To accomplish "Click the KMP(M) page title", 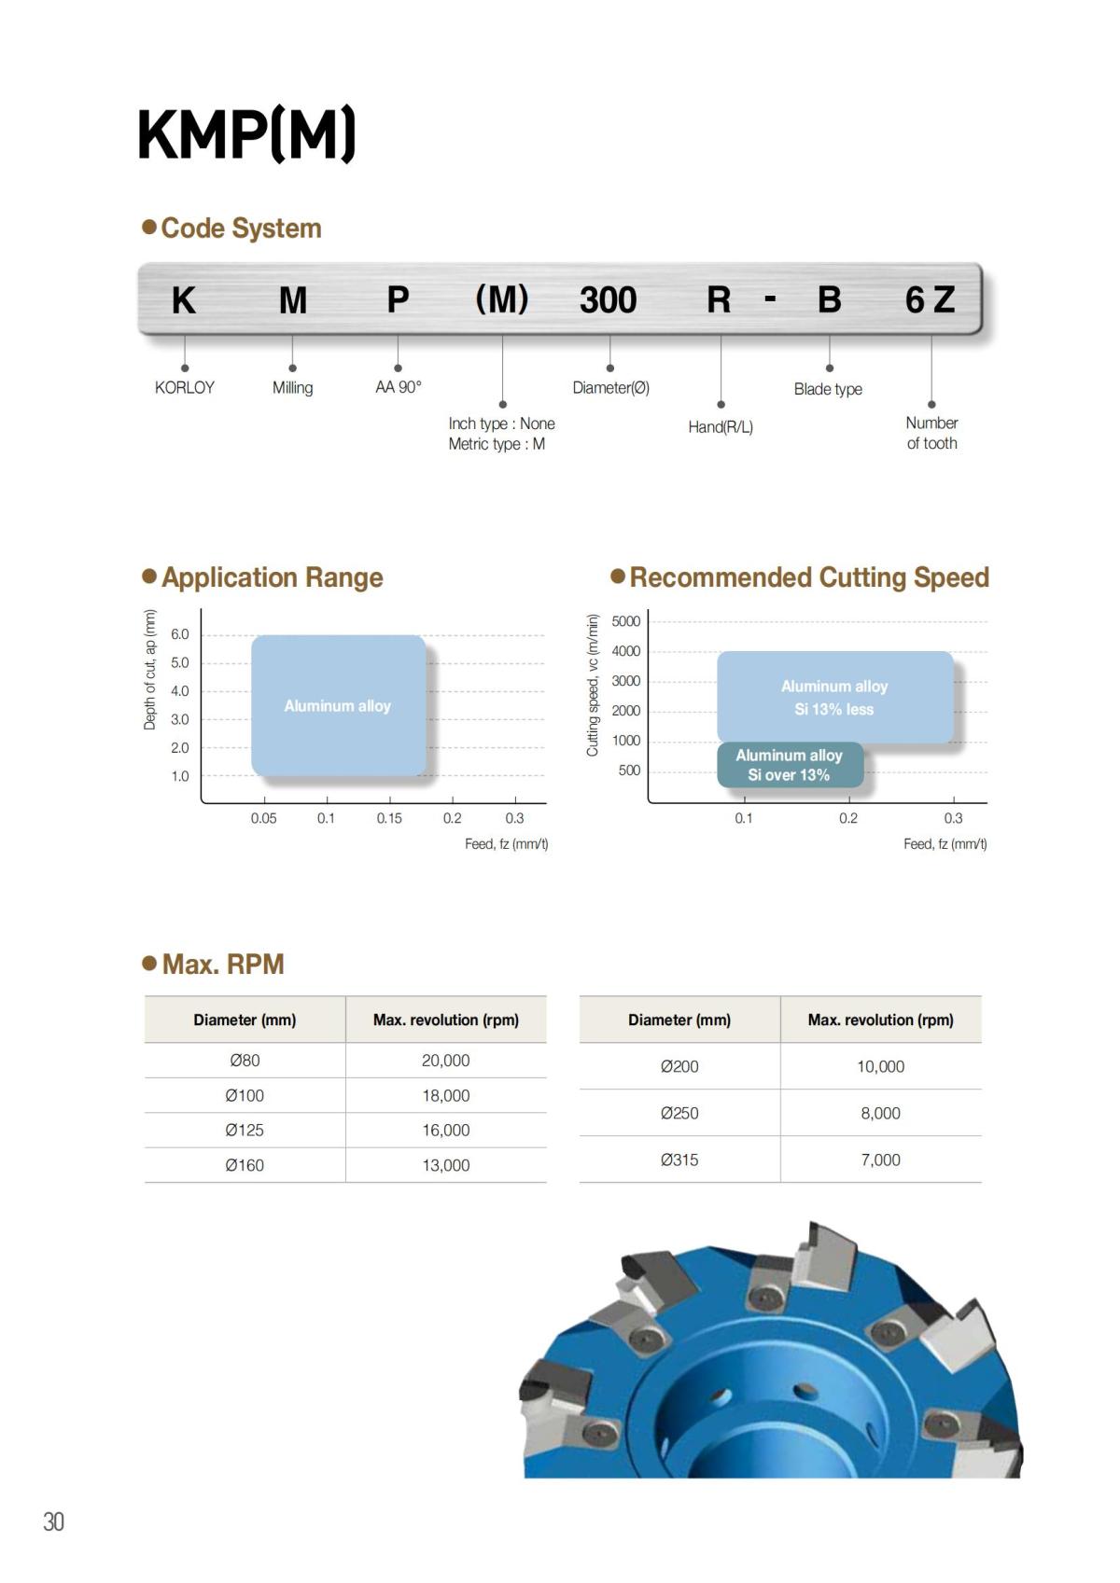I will tap(246, 135).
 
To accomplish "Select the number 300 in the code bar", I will tap(608, 300).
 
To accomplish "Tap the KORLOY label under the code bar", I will tap(185, 387).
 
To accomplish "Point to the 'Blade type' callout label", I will tap(828, 389).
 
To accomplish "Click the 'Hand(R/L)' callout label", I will tap(721, 427).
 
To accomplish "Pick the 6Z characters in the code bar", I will tap(930, 300).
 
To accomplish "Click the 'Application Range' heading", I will tap(272, 577).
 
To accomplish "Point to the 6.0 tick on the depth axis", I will tap(180, 634).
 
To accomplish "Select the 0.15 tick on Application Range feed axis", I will tap(389, 818).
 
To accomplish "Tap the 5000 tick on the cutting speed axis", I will tap(626, 621).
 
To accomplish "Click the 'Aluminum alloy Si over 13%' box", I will tap(790, 765).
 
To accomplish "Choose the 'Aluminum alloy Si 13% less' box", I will tap(834, 698).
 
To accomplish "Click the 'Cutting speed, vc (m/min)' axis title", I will tap(592, 685).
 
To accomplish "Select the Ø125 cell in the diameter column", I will tap(245, 1131).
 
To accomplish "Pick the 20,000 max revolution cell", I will tap(445, 1061).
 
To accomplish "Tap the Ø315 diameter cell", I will tap(679, 1160).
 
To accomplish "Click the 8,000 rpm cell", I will tap(880, 1114).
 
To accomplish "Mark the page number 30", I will tap(54, 1521).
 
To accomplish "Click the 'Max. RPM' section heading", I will tap(223, 965).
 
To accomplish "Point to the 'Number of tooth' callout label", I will tap(931, 433).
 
